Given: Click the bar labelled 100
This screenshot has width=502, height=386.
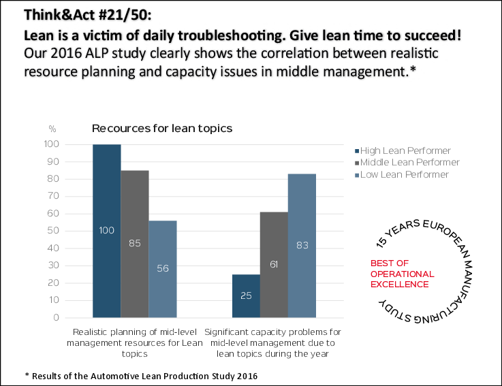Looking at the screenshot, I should pos(107,231).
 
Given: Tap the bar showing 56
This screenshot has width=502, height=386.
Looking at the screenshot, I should pos(163,268).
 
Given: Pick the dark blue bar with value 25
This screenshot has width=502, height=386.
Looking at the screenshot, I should pos(246,295).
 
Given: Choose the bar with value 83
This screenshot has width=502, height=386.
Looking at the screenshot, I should pos(302,245).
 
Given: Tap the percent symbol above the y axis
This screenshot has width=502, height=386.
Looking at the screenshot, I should pos(71,128).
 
